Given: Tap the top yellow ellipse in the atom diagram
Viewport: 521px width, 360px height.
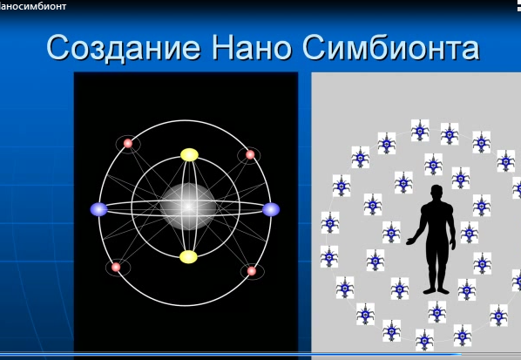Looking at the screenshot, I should point(189,155).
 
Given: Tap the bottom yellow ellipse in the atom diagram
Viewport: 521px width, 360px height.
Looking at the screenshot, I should point(188,256).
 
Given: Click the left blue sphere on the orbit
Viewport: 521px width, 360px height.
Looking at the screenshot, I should point(98,209).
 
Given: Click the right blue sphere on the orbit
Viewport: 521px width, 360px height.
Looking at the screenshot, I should point(271,209).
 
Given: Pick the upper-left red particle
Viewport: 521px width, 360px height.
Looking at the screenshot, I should point(127,144).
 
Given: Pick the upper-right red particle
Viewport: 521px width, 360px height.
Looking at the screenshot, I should point(250,155).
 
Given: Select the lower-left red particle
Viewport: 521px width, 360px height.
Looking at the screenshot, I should point(116,267).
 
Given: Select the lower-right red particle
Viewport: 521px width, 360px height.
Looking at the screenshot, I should point(252,271).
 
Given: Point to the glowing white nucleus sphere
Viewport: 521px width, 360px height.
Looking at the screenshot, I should point(187,207).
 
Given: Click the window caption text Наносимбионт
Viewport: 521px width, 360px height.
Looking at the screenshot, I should point(32,6).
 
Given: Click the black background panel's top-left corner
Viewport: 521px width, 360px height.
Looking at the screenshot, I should point(76,74).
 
